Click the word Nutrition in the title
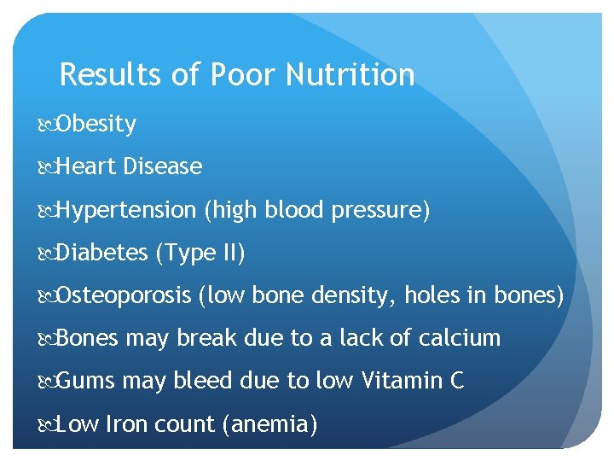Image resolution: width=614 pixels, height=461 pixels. coord(350,75)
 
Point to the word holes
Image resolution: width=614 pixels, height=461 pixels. coord(432,295)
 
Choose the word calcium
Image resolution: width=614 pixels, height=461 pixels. coord(460,338)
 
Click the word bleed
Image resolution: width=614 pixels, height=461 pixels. coord(202,381)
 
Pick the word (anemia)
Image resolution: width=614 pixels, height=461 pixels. coord(269,423)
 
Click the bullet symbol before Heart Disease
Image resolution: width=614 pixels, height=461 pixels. coord(46,167)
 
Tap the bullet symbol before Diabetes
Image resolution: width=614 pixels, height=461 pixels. coord(46,254)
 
